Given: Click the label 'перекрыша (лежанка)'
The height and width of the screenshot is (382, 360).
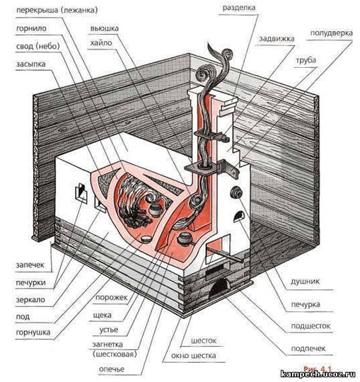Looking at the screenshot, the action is click(57, 10).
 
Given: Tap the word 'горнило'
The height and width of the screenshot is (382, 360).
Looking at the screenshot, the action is click(31, 28).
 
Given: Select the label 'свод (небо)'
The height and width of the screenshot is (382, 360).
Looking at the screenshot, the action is click(38, 46).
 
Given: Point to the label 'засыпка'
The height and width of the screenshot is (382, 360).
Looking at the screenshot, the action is click(31, 64).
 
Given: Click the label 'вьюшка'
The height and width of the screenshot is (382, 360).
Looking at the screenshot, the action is click(105, 28).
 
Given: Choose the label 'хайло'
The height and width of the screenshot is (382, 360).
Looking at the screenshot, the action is click(101, 43).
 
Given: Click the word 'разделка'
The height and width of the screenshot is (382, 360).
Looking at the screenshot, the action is click(239, 8).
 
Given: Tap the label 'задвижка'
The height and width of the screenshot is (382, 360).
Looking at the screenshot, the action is click(277, 39).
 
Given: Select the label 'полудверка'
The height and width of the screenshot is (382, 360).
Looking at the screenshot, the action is click(332, 33).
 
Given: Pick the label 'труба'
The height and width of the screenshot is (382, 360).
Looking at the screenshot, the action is click(306, 60).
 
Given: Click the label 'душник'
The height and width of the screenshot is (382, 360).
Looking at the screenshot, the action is click(305, 282).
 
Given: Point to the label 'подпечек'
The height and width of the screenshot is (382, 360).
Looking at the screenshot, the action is click(308, 349).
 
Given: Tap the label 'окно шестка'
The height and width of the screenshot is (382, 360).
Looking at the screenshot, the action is click(194, 356).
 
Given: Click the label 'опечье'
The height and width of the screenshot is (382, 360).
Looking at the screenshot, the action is click(112, 369).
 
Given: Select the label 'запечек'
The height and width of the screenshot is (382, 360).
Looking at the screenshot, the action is click(30, 265).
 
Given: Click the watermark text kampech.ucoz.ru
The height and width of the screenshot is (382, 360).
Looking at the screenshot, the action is click(318, 374).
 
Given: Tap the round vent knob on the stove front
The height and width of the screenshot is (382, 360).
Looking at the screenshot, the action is click(236, 192).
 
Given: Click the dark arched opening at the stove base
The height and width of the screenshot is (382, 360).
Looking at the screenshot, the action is click(220, 289).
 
